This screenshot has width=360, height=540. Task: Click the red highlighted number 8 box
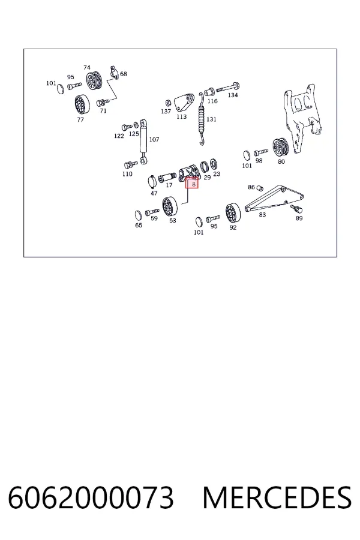192,183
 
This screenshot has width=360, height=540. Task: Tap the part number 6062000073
91,497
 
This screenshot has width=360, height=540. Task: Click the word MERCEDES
277,497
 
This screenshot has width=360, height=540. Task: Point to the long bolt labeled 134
228,87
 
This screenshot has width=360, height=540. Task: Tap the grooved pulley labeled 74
94,80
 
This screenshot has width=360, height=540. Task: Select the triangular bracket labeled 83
274,199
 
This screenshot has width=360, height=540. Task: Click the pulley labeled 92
233,213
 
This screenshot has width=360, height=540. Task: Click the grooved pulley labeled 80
280,148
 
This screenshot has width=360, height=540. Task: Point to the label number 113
181,116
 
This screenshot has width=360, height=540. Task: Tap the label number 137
166,111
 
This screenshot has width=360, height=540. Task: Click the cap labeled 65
138,215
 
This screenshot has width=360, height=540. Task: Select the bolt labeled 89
296,208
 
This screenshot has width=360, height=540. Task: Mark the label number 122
119,136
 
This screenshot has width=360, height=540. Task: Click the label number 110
127,174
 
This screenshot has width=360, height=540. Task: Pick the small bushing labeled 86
260,188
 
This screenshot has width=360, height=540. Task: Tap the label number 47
154,193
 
